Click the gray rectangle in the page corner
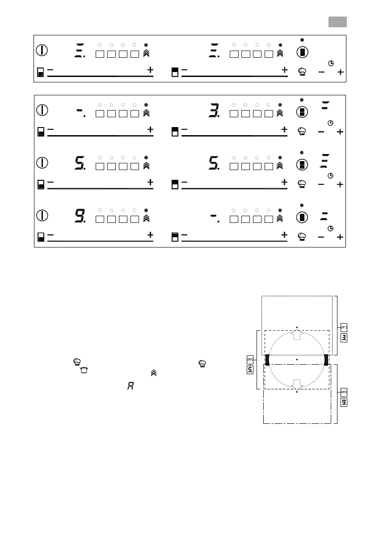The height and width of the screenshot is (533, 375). (x=338, y=21)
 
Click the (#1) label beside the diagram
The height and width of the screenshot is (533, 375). (x=344, y=327)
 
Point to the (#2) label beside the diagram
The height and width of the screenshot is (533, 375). (x=250, y=359)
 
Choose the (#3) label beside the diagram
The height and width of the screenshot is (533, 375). (x=344, y=392)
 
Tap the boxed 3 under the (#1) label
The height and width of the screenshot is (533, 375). (x=344, y=337)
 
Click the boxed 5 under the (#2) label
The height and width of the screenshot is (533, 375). (x=250, y=370)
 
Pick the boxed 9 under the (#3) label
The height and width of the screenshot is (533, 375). (x=344, y=402)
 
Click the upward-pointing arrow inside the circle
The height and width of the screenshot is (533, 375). (x=297, y=335)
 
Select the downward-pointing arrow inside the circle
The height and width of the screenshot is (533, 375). (x=297, y=384)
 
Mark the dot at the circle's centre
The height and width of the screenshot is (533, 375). (x=297, y=359)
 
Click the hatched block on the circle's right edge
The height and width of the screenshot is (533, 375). (x=326, y=359)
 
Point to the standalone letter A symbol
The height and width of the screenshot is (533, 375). (x=131, y=385)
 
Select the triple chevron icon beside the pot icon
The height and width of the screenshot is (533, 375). (x=153, y=372)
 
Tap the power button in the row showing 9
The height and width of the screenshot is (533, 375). (x=42, y=215)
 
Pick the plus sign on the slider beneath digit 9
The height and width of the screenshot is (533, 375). (x=150, y=235)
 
